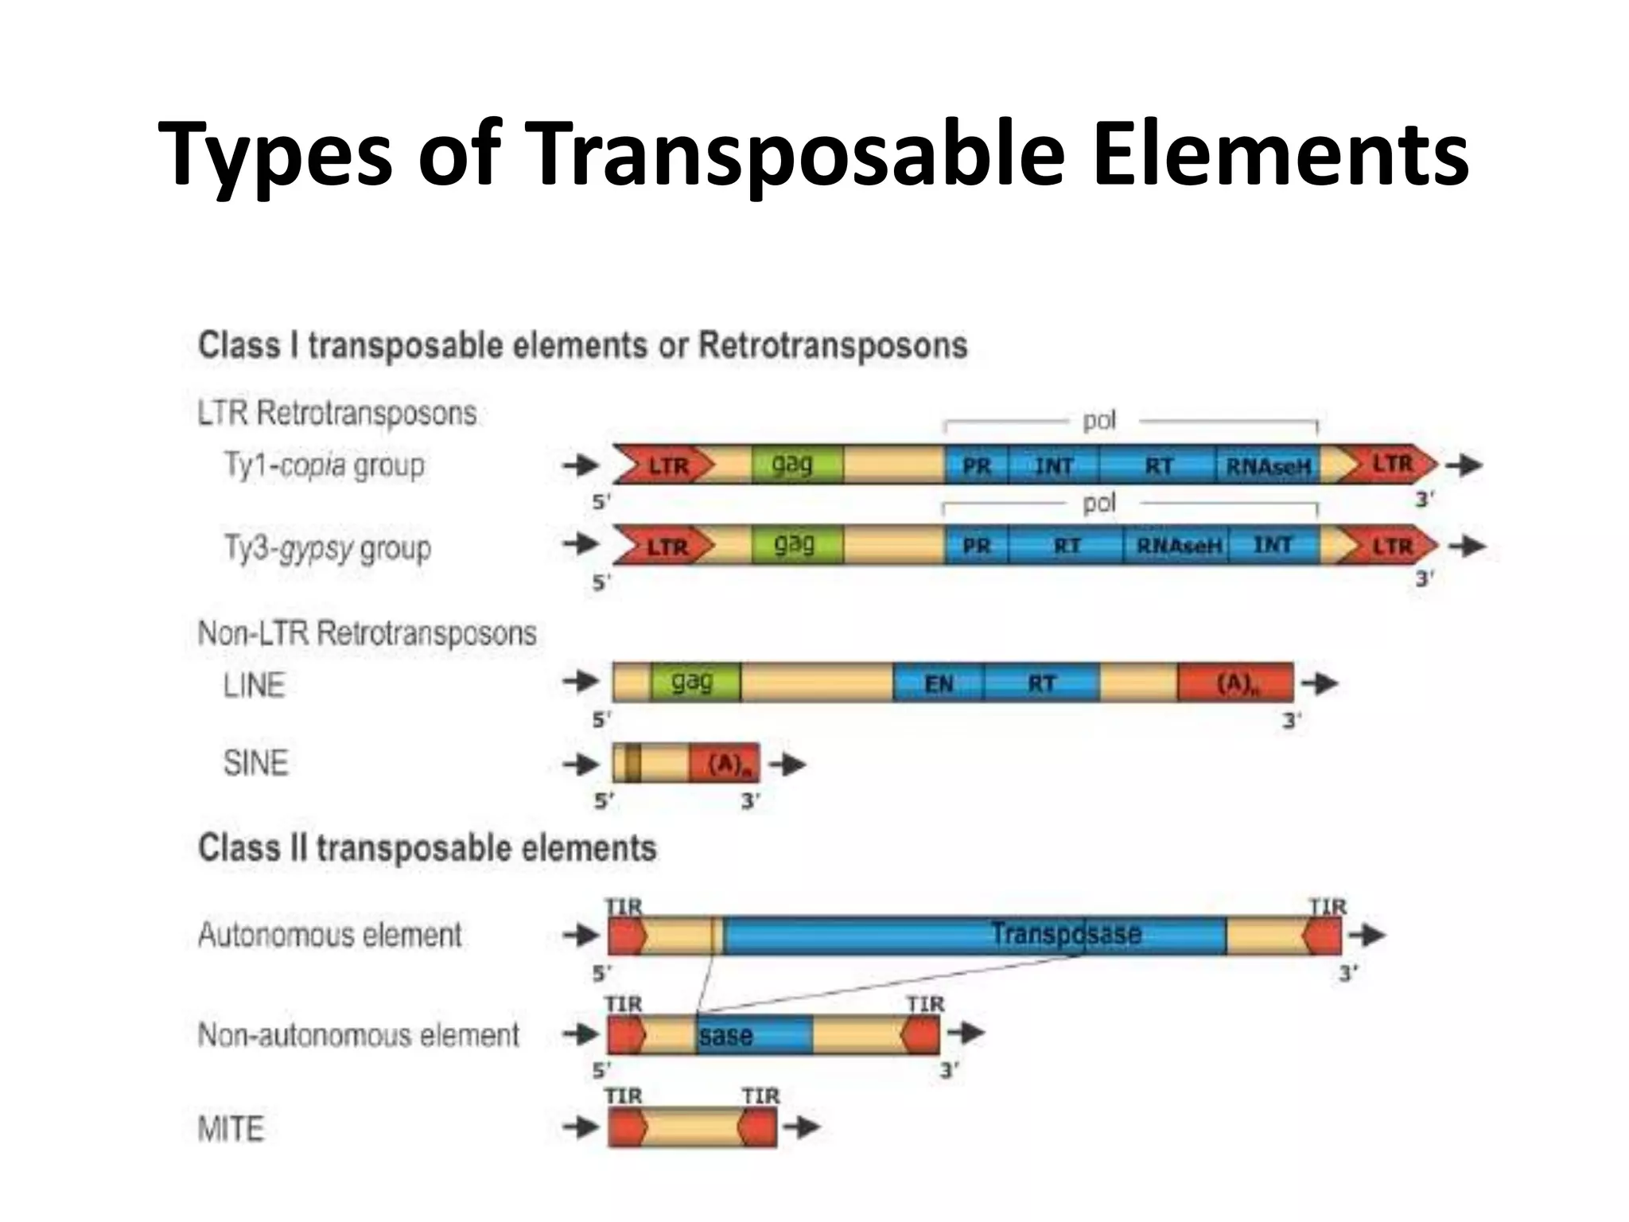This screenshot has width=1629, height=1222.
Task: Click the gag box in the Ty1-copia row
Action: [792, 465]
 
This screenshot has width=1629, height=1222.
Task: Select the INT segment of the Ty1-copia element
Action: [1054, 466]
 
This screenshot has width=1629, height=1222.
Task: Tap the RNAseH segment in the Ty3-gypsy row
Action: [1176, 546]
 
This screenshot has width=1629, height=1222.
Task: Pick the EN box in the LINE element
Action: [939, 683]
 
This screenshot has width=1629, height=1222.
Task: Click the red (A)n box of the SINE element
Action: [725, 765]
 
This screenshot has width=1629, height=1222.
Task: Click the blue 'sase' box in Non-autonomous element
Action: [754, 1036]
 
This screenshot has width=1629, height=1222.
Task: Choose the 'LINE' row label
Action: [254, 685]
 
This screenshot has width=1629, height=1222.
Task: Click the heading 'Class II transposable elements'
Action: [427, 848]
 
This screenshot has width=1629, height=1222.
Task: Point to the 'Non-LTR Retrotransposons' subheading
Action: [367, 634]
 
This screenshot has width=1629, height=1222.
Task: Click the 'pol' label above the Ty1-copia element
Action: [1099, 420]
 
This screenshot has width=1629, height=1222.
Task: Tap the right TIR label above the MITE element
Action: [760, 1096]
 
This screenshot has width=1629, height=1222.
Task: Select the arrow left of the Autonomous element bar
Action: [580, 935]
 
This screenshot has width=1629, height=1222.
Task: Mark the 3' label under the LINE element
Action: [1291, 721]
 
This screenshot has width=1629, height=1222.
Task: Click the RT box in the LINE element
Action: [1041, 683]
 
